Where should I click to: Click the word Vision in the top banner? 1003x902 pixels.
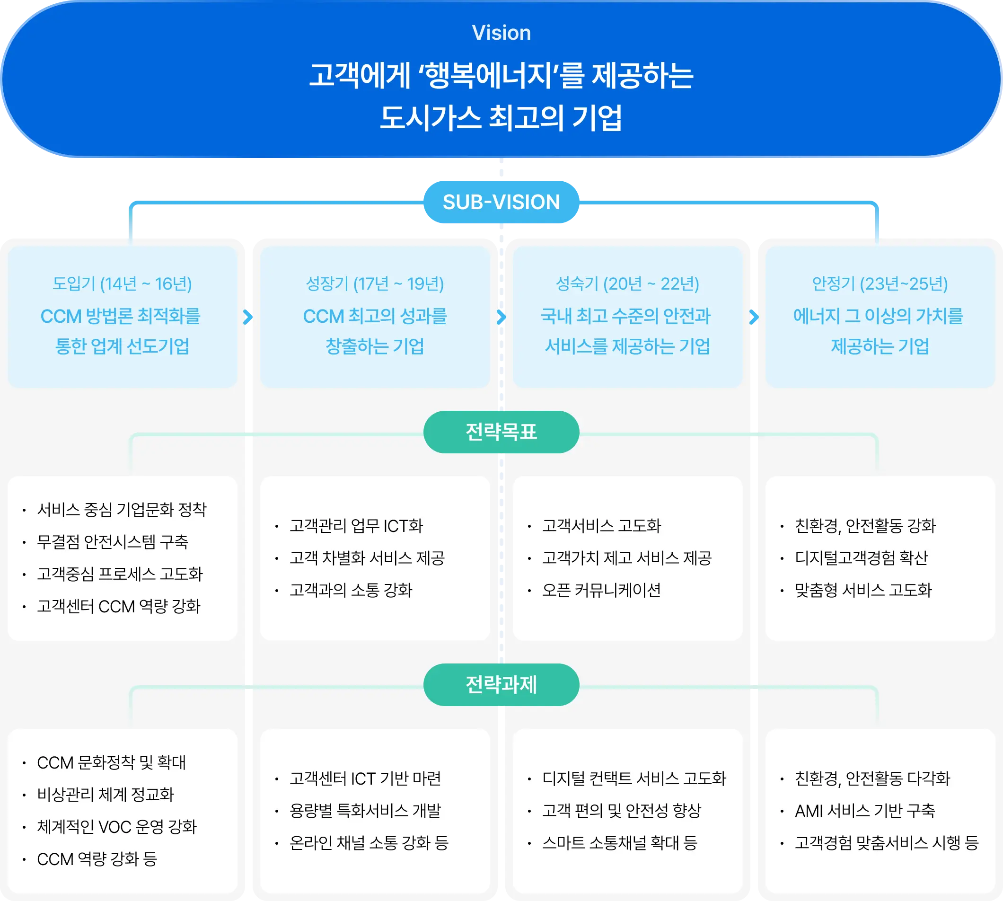coord(501,33)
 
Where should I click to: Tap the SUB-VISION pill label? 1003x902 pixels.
coord(501,202)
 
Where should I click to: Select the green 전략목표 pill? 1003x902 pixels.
coord(501,432)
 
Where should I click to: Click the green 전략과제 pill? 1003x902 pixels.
coord(501,685)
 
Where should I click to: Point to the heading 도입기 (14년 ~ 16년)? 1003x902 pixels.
coord(122,284)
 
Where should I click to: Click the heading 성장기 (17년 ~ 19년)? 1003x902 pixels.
coord(375,284)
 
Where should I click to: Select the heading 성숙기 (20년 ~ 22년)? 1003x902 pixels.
coord(627,284)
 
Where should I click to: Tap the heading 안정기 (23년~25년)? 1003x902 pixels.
coord(880,284)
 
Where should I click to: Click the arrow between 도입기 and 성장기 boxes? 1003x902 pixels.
coord(248,317)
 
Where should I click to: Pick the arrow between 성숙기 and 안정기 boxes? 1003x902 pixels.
coord(754,317)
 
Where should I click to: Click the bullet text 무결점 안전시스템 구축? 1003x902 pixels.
coord(113,542)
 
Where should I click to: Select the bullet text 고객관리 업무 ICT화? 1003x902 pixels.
coord(356,526)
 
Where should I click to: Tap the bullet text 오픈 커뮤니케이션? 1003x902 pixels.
coord(601,590)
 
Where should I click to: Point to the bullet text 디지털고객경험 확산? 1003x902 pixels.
coord(861,558)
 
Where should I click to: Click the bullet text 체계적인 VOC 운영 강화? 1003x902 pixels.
coord(117,827)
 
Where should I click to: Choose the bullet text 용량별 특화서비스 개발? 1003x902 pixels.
coord(365,811)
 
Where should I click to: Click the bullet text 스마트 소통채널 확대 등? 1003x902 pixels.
coord(619,843)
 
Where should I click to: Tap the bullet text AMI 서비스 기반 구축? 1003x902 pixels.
coord(865,811)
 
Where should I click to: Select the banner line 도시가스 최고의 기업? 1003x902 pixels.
coord(501,118)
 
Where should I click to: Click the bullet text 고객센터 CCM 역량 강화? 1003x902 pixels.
coord(118,606)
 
